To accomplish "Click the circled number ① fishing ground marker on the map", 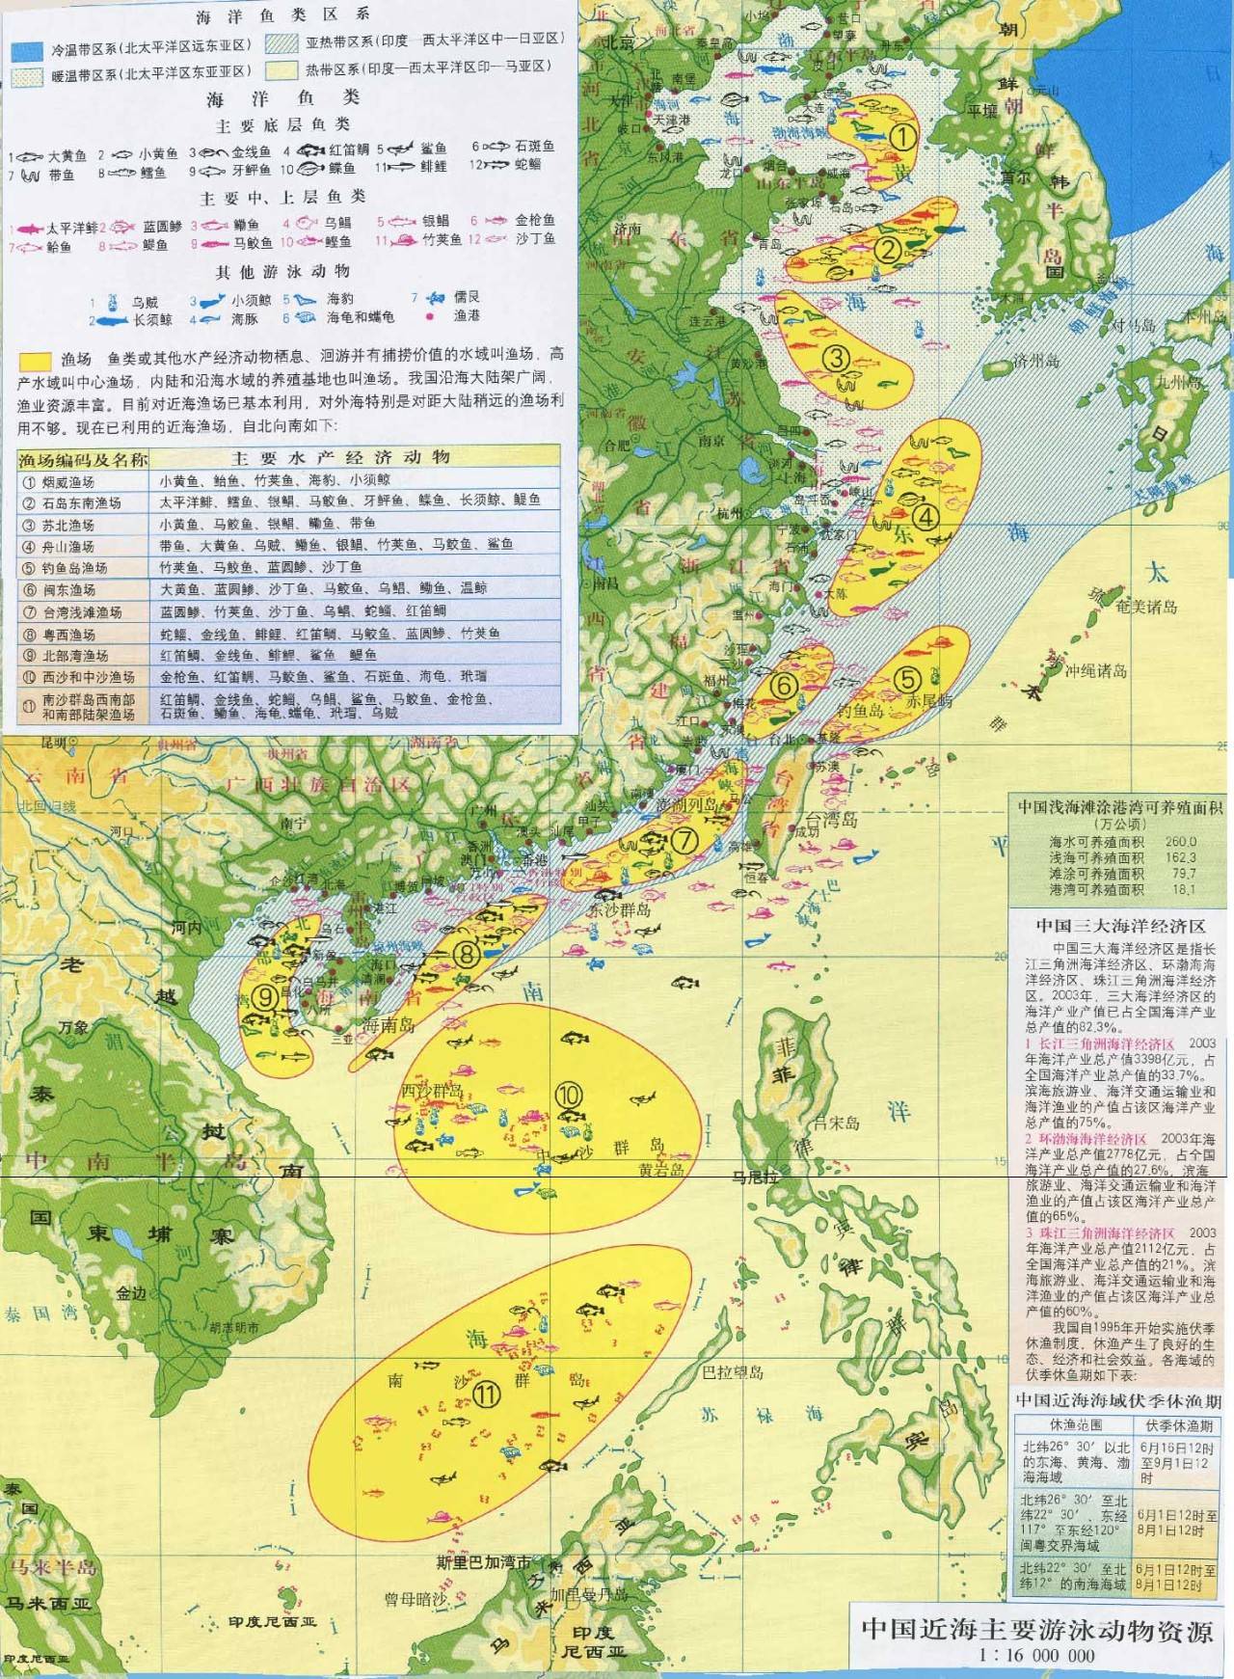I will point(901,136).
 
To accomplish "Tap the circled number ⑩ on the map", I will point(569,1094).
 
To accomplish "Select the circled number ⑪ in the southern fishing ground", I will point(489,1394).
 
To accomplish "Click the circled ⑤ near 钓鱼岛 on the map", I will point(907,676).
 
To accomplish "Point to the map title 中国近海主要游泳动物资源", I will point(1036,1629).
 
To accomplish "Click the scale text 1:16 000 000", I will point(1036,1655).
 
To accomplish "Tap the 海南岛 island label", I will point(389,1025).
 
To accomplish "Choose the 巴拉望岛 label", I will point(733,1371).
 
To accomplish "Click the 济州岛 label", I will point(1036,362).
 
